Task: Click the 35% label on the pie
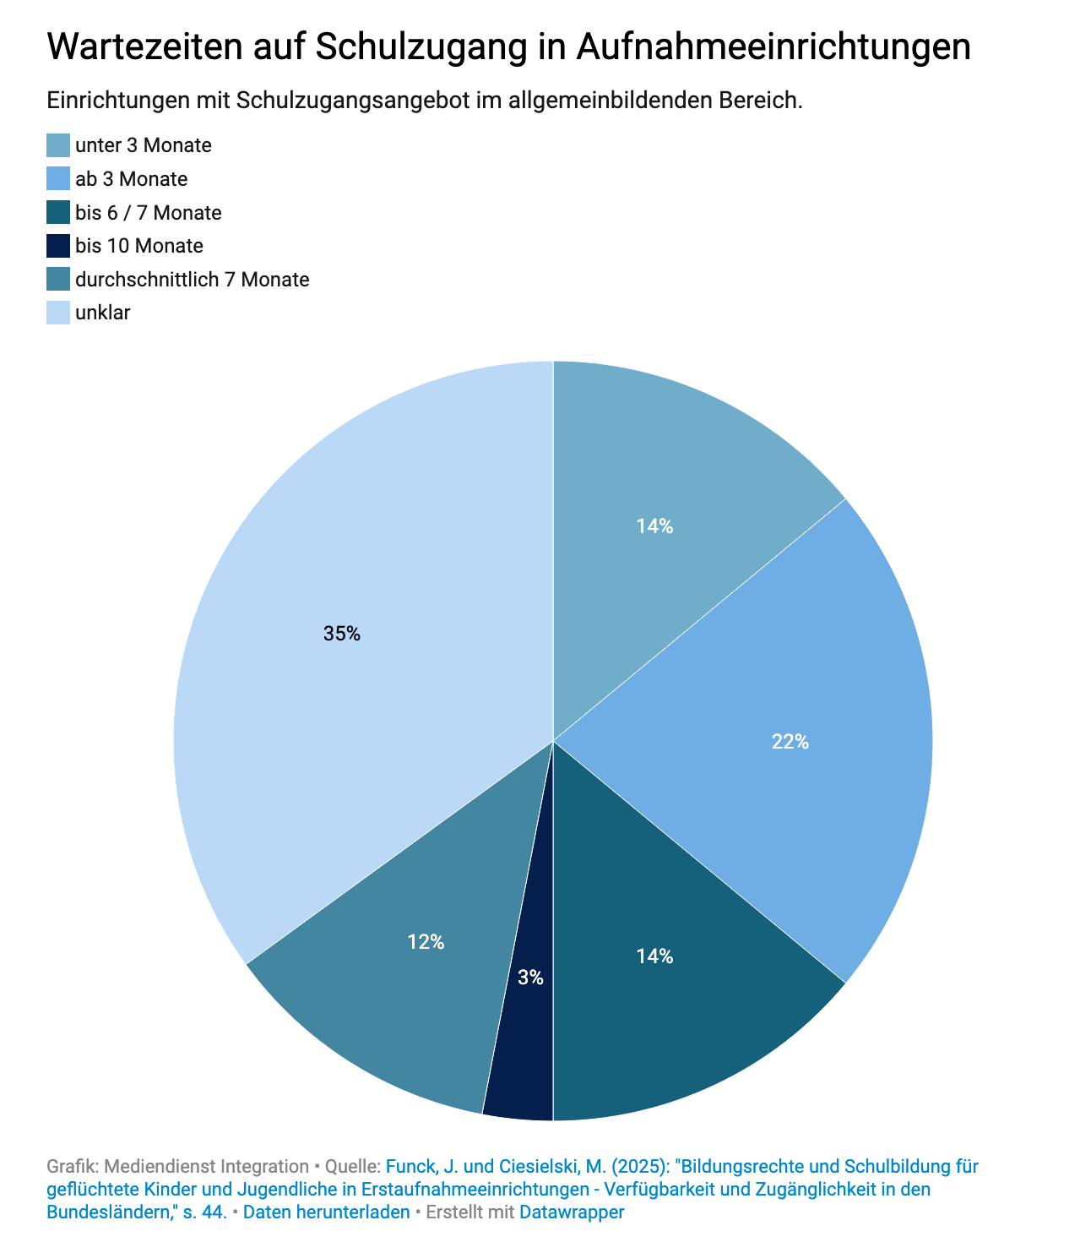point(342,634)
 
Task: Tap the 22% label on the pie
point(790,742)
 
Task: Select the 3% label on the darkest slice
point(530,978)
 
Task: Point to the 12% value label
point(426,942)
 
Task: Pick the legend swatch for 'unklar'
point(58,313)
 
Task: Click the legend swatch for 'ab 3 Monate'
point(58,179)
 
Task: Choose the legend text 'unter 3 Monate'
point(143,145)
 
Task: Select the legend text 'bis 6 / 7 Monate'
point(148,213)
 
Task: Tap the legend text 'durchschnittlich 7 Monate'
point(192,280)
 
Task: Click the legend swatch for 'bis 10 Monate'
point(58,246)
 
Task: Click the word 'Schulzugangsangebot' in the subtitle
point(370,101)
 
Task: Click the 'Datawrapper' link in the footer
point(572,1212)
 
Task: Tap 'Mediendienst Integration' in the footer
point(206,1167)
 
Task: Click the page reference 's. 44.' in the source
point(204,1212)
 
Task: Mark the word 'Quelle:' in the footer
point(352,1167)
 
